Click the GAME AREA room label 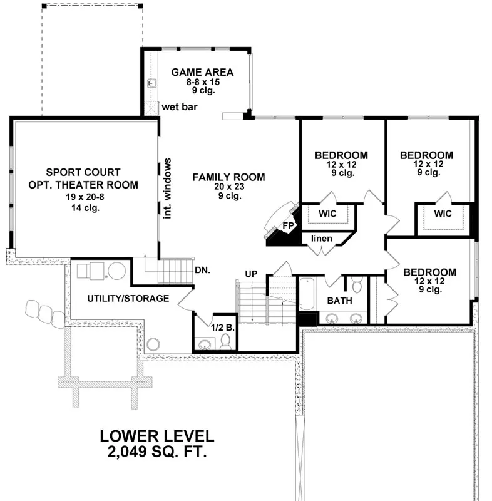coord(202,72)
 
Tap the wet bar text coord(180,106)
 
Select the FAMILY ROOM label coord(228,177)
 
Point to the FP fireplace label coord(288,225)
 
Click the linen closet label coord(322,239)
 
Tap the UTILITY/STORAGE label coord(128,299)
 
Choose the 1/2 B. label coord(223,328)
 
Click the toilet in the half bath coord(226,342)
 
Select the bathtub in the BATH coord(307,294)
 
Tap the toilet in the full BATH coord(357,284)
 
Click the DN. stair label coord(202,271)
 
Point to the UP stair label coord(251,274)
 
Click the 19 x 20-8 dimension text coord(85,197)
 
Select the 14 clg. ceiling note coord(85,208)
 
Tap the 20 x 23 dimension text coord(229,186)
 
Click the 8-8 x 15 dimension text coord(203,82)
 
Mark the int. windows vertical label coord(167,189)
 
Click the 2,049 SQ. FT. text coord(157,452)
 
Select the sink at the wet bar coord(152,83)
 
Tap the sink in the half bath coord(205,344)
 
